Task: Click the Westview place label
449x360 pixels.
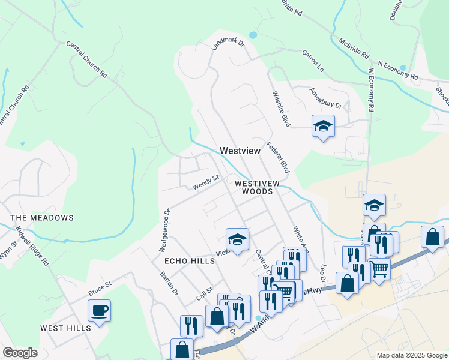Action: (240, 151)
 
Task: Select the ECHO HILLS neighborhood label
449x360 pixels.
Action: (190, 262)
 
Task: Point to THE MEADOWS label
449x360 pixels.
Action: (42, 218)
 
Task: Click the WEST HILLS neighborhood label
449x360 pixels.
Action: (66, 328)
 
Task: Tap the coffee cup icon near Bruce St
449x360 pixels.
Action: (99, 311)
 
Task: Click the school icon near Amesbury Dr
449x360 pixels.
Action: (323, 127)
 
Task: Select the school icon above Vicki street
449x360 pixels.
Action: (237, 240)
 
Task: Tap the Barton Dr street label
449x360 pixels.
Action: (169, 283)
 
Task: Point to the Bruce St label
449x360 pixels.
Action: (100, 288)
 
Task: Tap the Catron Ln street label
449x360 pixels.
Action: (312, 61)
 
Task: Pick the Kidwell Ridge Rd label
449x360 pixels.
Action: (32, 246)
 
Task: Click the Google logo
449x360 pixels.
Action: (20, 353)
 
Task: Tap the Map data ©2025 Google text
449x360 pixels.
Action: (412, 355)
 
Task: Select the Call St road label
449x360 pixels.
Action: (205, 294)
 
